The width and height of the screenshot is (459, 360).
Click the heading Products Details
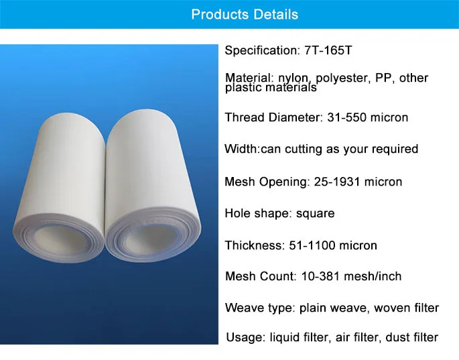coord(245,15)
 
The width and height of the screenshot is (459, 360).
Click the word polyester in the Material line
coord(337,78)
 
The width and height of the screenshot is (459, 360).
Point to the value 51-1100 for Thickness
coord(315,245)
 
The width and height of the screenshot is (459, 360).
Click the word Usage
coord(243,337)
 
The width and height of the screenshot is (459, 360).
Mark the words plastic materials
coord(271,88)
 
